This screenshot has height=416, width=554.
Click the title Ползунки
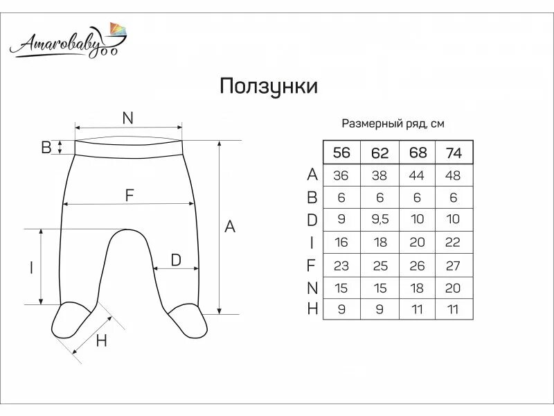pos(269,87)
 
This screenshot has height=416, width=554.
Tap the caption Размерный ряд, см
pos(393,124)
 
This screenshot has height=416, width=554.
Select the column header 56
pos(341,153)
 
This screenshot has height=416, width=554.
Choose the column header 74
pos(454,153)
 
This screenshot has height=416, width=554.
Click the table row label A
pos(312,175)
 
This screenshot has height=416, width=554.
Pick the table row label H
pos(312,309)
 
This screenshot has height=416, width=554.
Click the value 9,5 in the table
pos(379,220)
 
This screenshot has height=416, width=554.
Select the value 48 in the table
pos(454,175)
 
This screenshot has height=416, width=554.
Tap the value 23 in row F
pos(341,265)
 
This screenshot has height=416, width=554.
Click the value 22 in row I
pos(454,243)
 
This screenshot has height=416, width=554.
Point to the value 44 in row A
pos(417,175)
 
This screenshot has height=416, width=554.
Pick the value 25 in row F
pos(379,265)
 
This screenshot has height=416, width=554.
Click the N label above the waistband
pos(127,119)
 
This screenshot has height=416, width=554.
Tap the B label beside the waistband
pos(46,147)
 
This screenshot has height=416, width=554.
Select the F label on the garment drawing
pos(129,196)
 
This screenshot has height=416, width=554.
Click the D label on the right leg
pos(176,260)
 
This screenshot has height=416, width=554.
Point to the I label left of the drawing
pos(31,268)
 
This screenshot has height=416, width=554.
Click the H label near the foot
pos(102,340)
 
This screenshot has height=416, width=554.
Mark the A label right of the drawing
pos(231,226)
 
